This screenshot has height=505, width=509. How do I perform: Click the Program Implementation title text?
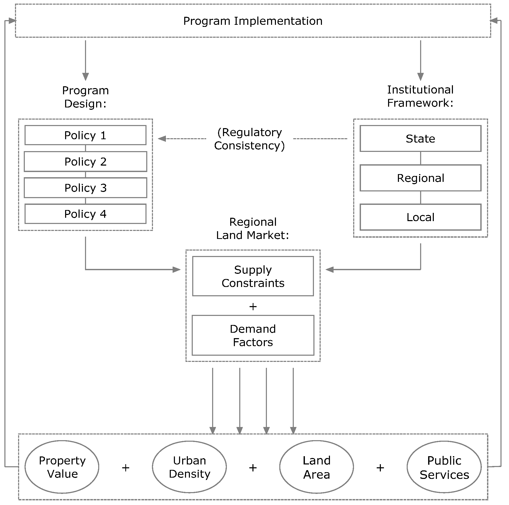(253, 21)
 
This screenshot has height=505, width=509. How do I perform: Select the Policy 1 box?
(85, 135)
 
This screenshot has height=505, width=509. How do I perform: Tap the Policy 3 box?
(85, 188)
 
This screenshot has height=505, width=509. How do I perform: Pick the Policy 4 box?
(85, 214)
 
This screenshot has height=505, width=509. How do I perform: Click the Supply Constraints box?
(253, 276)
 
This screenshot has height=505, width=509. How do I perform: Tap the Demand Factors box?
(253, 335)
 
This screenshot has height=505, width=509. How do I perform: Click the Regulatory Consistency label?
(250, 139)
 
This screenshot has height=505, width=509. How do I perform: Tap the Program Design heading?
(85, 97)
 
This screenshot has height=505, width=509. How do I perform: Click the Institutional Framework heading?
(420, 96)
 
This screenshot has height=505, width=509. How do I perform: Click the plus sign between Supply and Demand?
(253, 306)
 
